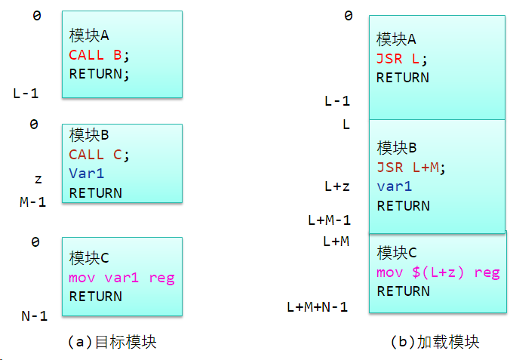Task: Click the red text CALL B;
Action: click(100, 54)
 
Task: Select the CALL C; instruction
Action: click(100, 154)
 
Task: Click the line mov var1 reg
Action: click(121, 278)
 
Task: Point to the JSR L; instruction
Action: click(402, 58)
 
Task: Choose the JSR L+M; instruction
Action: click(411, 167)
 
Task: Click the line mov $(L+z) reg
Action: click(438, 272)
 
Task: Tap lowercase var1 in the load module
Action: click(395, 186)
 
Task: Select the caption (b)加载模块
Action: click(435, 341)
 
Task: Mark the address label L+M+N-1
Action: click(317, 306)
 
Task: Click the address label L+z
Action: click(336, 186)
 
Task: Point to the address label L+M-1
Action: click(329, 220)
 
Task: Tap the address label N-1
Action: click(35, 316)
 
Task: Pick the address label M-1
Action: click(33, 202)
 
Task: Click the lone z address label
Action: click(38, 180)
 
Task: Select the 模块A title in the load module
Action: click(396, 38)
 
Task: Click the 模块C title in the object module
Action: click(89, 258)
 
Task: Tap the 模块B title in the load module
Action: click(396, 147)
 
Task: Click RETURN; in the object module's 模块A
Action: click(100, 74)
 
